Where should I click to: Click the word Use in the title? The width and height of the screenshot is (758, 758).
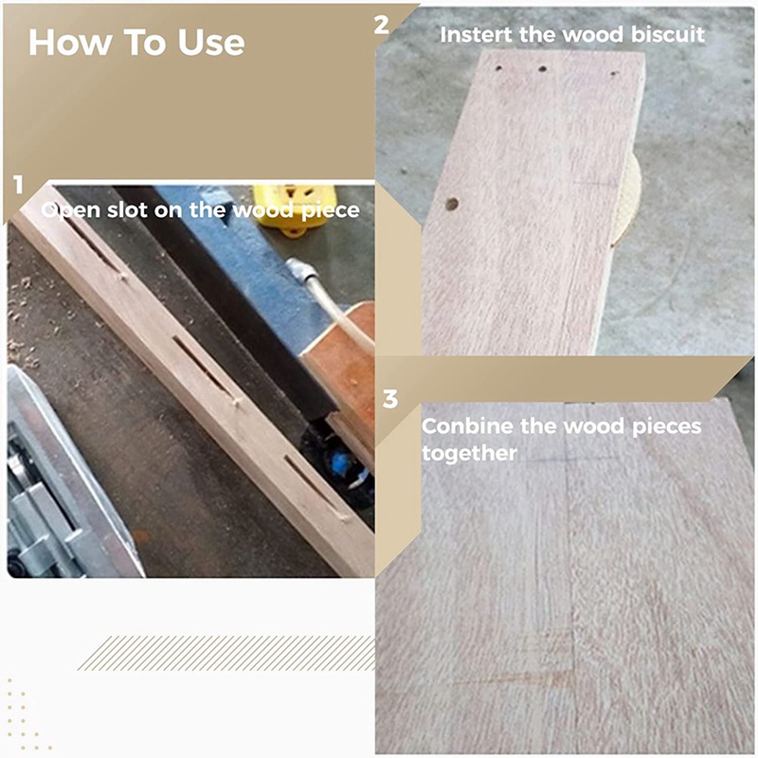(210, 43)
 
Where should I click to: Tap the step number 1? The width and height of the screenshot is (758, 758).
(18, 185)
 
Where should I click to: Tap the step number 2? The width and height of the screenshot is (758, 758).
(382, 25)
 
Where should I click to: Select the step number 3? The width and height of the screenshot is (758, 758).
(390, 399)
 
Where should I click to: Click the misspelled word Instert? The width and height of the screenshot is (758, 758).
(477, 35)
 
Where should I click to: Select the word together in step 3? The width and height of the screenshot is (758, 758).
(469, 454)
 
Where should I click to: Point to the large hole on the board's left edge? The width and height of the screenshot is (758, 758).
(452, 205)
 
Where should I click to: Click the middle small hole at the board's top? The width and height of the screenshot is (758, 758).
(543, 69)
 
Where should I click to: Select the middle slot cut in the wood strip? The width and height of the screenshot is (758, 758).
(205, 369)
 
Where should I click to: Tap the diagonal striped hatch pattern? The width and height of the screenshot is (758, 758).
(226, 653)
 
